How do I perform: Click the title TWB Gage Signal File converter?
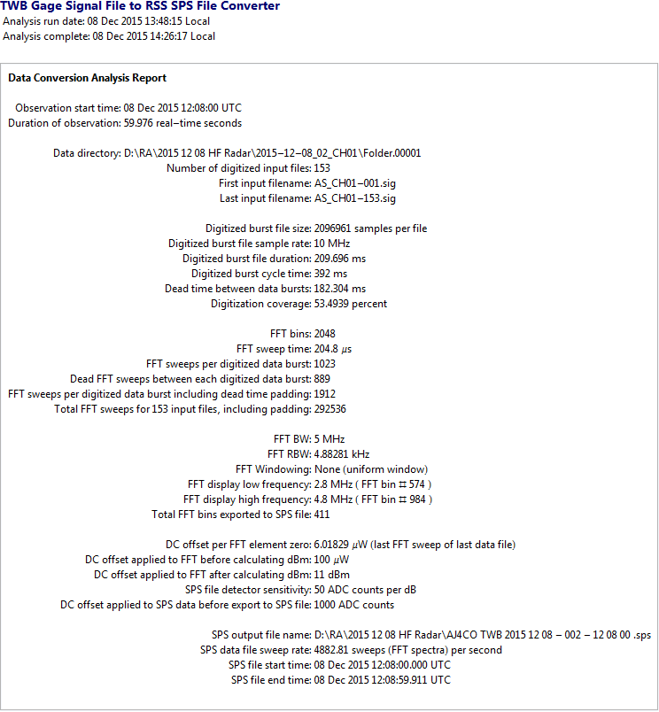pyautogui.click(x=140, y=6)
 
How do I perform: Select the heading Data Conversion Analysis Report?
pyautogui.click(x=88, y=78)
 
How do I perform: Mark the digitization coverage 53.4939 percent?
pyautogui.click(x=350, y=304)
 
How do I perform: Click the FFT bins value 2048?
pyautogui.click(x=325, y=334)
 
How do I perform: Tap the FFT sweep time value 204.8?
pyautogui.click(x=328, y=349)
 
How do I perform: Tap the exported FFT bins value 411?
pyautogui.click(x=322, y=515)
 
